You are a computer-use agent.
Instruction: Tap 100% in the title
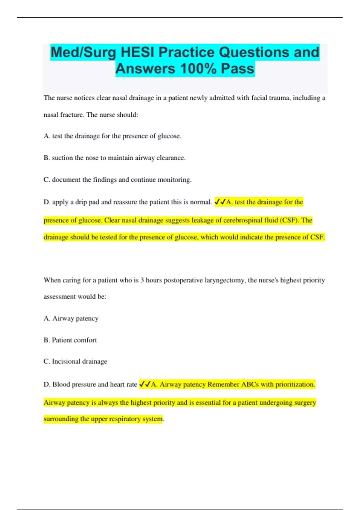198,69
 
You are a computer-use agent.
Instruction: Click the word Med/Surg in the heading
83,52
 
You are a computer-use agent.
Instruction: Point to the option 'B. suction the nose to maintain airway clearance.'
114,158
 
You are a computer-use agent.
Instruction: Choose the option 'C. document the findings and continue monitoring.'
117,180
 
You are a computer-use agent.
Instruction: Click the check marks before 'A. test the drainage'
220,202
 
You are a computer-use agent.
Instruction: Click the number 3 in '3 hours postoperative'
142,280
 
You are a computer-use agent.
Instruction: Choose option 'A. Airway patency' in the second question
71,318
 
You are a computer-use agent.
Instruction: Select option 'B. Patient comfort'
70,340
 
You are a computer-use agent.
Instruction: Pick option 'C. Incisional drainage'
75,361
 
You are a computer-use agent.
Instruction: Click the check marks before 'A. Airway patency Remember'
145,384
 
